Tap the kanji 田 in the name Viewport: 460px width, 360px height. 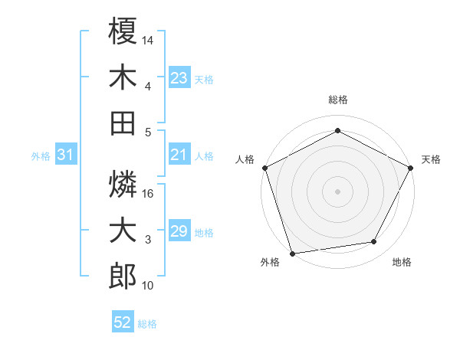pos(123,123)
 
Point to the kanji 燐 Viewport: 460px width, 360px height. pos(123,184)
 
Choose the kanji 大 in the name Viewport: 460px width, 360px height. pos(123,230)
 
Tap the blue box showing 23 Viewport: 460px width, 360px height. pos(179,77)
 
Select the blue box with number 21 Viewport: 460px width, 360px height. pos(179,155)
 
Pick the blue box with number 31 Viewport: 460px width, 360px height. pos(66,155)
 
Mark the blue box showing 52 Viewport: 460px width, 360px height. pos(123,323)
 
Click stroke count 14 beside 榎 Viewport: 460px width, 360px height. pos(149,39)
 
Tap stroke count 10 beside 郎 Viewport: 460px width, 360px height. pos(149,286)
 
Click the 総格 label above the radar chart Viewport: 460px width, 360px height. pos(338,100)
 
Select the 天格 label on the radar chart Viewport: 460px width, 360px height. pos(432,159)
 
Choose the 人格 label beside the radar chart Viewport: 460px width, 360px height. pos(245,159)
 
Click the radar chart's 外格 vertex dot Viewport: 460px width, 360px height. pos(292,253)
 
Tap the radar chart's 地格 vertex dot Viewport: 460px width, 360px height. pos(374,242)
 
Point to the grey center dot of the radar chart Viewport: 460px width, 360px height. pos(338,191)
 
